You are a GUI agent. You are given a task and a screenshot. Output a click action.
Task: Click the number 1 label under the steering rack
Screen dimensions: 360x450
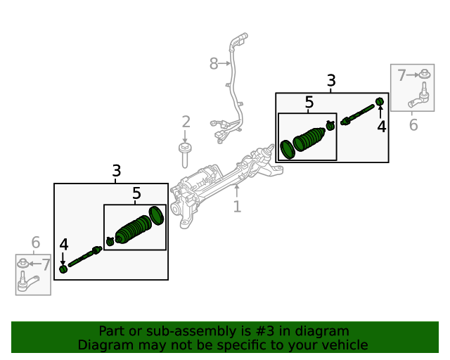(237, 207)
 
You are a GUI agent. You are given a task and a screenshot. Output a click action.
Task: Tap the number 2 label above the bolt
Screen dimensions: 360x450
(186, 122)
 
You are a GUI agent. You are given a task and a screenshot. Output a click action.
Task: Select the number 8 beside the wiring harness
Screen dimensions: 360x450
(214, 64)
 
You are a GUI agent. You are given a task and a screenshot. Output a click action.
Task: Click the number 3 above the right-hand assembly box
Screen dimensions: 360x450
(331, 82)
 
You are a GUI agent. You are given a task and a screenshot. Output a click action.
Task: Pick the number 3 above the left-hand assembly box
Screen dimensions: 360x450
(116, 171)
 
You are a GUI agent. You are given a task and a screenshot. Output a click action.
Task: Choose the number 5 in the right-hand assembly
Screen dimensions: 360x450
(309, 103)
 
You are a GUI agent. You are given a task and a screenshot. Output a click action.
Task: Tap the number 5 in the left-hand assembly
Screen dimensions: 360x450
(136, 193)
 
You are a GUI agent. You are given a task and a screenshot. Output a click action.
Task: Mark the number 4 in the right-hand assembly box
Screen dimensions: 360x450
(381, 127)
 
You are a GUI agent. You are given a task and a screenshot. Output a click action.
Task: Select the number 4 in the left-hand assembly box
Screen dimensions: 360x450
(64, 245)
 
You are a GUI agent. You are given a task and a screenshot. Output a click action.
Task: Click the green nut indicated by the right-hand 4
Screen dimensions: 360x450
(380, 102)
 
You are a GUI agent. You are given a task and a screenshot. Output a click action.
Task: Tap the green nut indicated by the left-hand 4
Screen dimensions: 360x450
(63, 269)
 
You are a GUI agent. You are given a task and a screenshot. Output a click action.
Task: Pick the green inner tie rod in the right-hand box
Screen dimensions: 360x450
(359, 114)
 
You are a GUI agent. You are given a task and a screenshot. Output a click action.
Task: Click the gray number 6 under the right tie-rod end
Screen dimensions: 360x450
(413, 125)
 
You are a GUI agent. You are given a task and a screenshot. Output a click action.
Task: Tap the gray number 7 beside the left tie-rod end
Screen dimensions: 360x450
(46, 265)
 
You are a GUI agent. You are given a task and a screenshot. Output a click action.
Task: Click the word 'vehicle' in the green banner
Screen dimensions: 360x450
(342, 345)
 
